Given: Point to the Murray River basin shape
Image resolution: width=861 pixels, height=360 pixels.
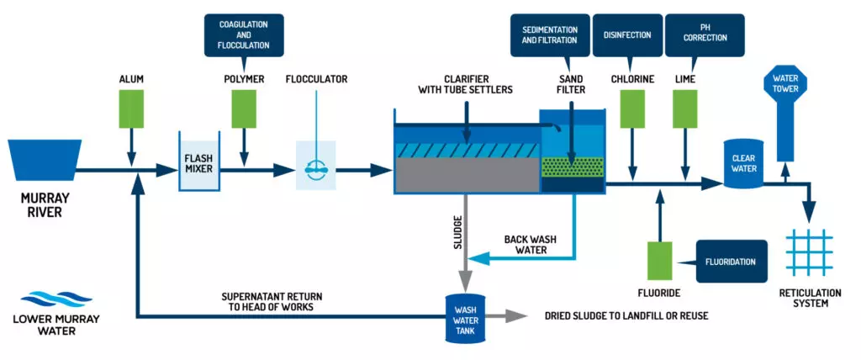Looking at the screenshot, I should point(44,158).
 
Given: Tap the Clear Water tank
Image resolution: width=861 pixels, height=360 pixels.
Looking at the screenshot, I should point(743,162).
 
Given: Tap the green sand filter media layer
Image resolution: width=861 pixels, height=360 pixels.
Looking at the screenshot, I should point(572,167).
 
